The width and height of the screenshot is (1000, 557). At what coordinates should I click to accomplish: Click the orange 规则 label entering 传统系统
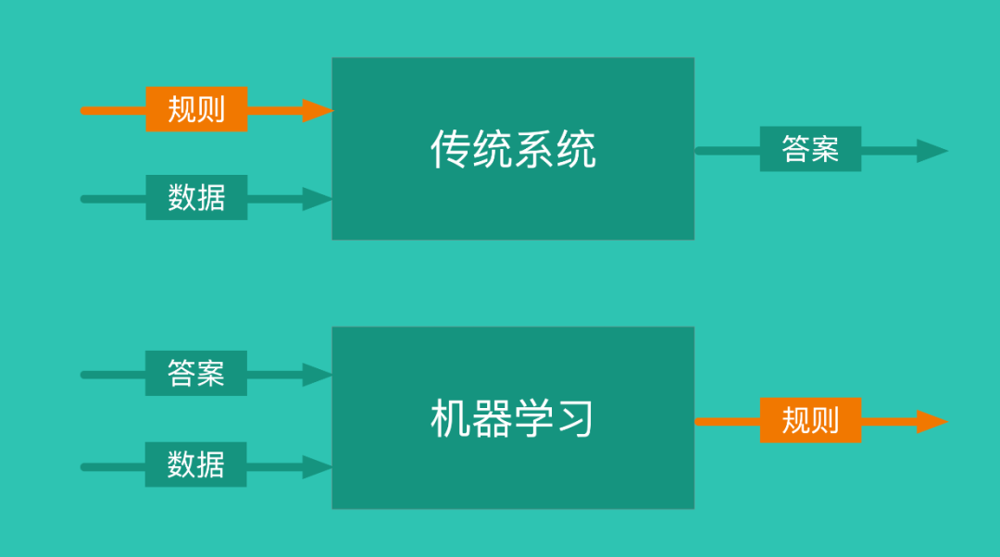point(196,109)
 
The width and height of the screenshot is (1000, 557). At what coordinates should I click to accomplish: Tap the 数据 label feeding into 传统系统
point(196,197)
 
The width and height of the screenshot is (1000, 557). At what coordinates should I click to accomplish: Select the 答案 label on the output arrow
point(810,149)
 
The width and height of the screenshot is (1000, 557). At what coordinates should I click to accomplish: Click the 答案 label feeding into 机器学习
point(195,373)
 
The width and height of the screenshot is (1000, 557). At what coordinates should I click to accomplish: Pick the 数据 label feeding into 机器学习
point(195,464)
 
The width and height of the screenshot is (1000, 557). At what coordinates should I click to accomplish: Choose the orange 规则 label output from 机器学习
point(810,420)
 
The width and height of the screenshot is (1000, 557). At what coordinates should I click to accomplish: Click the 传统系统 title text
point(513,149)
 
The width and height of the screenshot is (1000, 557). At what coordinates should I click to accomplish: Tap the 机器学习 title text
point(512,419)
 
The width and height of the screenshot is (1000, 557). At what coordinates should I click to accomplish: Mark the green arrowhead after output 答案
point(931,151)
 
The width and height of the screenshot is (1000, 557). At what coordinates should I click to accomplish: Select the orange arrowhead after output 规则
point(931,422)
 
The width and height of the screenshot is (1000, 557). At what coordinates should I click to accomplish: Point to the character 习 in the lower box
point(575,419)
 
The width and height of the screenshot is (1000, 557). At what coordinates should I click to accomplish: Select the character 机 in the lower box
point(450,419)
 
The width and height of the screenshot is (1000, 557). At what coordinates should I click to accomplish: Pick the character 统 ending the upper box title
point(576,149)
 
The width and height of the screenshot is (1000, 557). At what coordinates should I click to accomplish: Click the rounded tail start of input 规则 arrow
point(85,110)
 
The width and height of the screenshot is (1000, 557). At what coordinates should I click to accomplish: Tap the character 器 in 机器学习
point(492,419)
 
